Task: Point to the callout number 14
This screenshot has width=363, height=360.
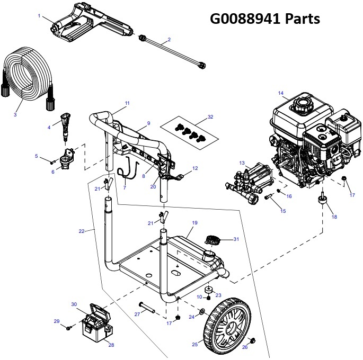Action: click(280, 93)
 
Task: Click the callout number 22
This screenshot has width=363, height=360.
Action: click(81, 231)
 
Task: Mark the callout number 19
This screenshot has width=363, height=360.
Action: click(194, 223)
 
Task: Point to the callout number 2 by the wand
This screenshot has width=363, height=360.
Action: click(169, 40)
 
